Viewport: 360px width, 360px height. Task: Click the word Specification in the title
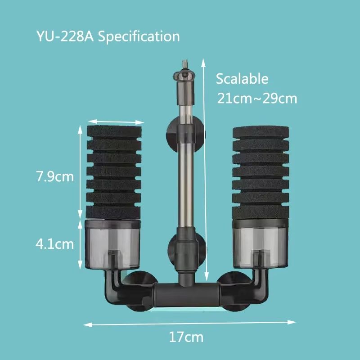coord(139,36)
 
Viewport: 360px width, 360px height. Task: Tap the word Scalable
coord(242,79)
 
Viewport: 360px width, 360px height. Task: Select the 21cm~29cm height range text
coord(257,98)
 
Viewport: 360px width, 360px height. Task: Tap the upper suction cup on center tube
coord(185,130)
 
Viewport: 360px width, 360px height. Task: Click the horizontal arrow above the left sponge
coord(116,121)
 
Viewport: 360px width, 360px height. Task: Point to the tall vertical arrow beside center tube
coord(206,171)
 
